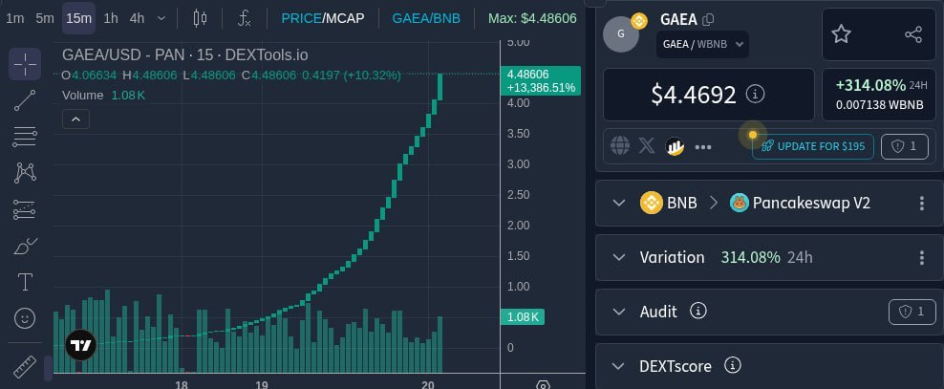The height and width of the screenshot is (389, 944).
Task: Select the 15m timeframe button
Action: [79, 18]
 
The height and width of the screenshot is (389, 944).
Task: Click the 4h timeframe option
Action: [138, 18]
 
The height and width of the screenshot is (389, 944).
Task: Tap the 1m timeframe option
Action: [15, 18]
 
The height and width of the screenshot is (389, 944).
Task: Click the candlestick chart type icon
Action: [200, 18]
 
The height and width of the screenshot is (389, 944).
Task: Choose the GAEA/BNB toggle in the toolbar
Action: [426, 18]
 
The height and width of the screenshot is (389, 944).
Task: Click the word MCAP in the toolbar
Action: [344, 18]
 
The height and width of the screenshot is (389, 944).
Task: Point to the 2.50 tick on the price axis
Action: [519, 195]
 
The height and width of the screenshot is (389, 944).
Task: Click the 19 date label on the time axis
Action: [261, 385]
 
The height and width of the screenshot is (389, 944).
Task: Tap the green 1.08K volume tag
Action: [522, 316]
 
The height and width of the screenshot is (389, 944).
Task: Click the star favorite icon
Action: [841, 34]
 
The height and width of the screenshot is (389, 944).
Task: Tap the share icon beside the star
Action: [913, 34]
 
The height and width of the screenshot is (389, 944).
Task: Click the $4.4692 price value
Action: [694, 95]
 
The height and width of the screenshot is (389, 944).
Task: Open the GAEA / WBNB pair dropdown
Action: [702, 44]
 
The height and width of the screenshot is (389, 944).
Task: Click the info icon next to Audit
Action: [697, 311]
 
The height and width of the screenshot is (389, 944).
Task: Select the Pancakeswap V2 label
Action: [811, 203]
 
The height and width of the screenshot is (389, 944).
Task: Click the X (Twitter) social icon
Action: [647, 145]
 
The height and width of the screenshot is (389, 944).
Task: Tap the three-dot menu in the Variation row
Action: [922, 258]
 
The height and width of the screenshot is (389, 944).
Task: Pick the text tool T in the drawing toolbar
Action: [25, 282]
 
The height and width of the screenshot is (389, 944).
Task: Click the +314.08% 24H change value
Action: [870, 85]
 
